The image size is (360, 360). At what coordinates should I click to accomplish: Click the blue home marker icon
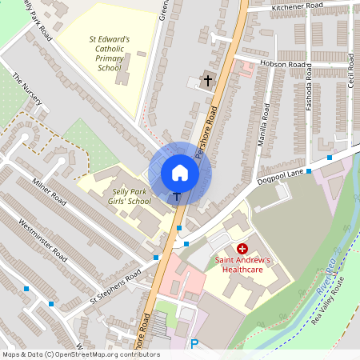[x=180, y=173]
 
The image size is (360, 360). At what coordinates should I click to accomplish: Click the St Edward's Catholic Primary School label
[x=110, y=52]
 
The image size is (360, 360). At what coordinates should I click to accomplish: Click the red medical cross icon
[x=242, y=250]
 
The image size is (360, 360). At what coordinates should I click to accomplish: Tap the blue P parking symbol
[x=194, y=345]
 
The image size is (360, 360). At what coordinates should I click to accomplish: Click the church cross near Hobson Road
[x=208, y=80]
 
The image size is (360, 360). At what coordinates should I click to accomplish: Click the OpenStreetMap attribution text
[x=81, y=354]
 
